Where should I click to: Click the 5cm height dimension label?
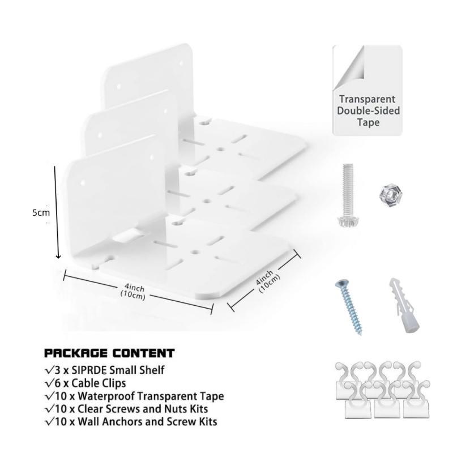click(41, 213)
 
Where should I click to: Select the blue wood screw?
click(349, 307)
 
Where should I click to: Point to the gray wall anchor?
click(404, 306)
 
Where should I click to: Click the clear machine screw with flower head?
click(348, 195)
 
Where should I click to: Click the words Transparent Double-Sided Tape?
click(368, 110)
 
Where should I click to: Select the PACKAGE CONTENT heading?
click(109, 353)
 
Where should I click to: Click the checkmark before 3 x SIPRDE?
click(49, 370)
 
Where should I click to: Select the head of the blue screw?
click(342, 284)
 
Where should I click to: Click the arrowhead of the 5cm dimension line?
click(58, 256)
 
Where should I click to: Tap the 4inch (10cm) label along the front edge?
click(133, 292)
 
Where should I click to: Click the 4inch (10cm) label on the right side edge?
click(268, 281)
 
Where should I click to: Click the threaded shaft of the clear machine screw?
click(348, 190)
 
